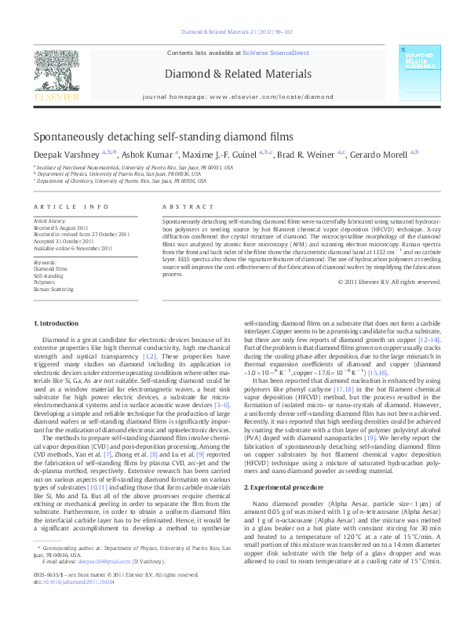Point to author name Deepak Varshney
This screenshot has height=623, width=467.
(67, 155)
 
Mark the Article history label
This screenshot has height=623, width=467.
(50, 222)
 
